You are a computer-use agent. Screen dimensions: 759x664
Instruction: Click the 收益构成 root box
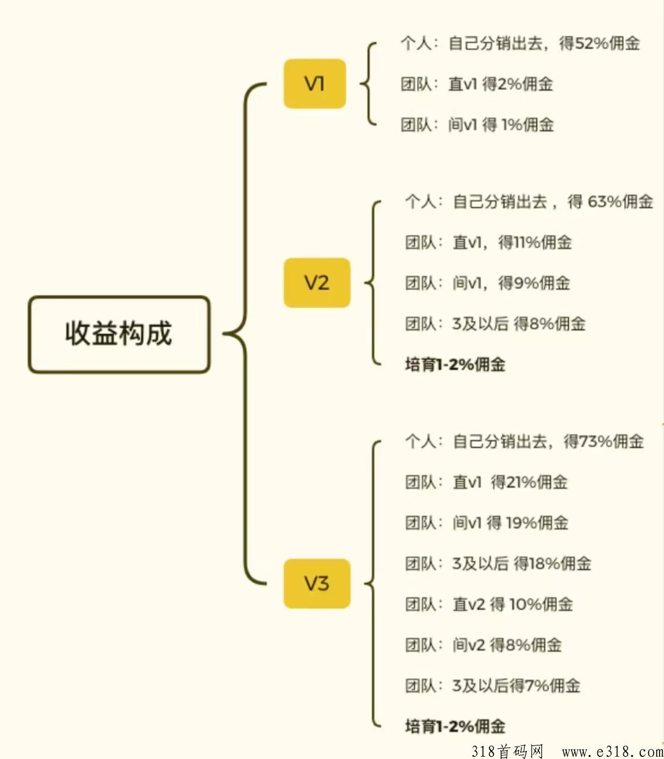click(x=119, y=334)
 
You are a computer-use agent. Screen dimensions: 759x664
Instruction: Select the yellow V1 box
click(x=314, y=84)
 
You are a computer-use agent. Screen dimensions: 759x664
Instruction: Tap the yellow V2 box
click(x=316, y=283)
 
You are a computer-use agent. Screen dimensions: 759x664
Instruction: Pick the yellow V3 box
click(x=316, y=584)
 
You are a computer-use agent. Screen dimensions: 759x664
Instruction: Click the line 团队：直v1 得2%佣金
click(x=477, y=84)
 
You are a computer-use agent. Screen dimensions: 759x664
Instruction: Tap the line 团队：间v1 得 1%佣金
click(x=477, y=125)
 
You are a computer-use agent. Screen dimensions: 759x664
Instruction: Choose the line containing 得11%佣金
click(x=488, y=243)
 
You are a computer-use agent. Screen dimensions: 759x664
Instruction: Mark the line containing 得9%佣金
click(x=487, y=283)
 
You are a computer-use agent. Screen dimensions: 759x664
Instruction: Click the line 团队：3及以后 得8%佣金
click(x=495, y=324)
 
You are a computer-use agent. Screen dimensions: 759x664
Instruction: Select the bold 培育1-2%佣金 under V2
click(x=455, y=365)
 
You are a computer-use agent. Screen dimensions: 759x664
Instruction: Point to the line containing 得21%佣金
click(x=486, y=482)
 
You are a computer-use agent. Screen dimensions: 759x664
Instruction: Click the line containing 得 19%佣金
click(x=486, y=523)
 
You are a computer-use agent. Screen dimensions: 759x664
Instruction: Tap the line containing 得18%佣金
click(x=498, y=564)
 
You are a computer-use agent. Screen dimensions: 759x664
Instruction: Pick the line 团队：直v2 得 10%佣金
click(x=489, y=605)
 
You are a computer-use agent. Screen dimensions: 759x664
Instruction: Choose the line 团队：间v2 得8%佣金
click(x=483, y=645)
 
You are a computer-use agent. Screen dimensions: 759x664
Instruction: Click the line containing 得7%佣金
click(x=492, y=686)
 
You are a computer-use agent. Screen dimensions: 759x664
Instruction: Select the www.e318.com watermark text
click(x=612, y=751)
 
